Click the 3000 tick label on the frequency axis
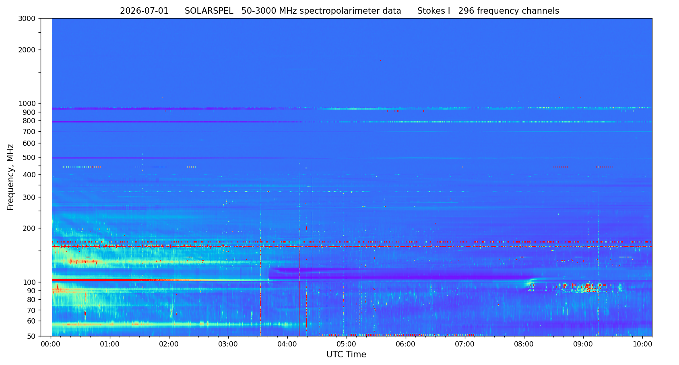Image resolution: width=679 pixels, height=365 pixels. point(27,19)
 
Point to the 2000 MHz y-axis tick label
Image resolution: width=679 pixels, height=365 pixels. point(27,50)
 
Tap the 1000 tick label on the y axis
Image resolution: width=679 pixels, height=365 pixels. point(27,104)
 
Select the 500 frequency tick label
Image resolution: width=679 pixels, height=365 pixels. point(29,158)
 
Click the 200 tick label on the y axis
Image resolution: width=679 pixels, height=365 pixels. point(29,228)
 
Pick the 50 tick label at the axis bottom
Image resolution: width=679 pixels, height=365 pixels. point(31,336)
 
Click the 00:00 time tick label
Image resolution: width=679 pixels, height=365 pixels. point(51,345)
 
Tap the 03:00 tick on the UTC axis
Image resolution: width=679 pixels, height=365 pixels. point(228,345)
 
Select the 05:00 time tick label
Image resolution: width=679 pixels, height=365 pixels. point(347,345)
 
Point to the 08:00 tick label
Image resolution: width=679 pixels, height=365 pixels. point(524,345)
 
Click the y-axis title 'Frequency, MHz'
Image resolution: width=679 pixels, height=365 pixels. point(10,177)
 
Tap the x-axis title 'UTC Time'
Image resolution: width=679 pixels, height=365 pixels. point(346,355)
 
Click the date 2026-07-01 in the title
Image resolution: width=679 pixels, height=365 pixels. point(144,11)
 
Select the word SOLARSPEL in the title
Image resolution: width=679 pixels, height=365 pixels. point(209,11)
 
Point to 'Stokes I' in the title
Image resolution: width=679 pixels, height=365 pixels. point(433,11)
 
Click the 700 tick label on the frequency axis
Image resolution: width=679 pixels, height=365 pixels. point(29,132)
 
